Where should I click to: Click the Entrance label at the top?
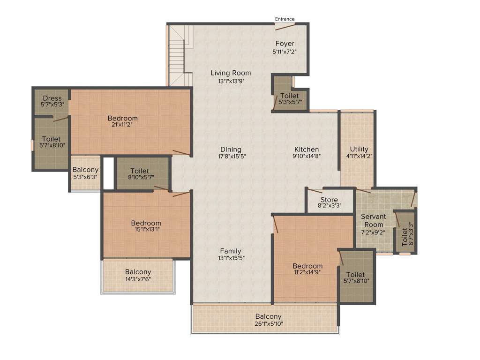[x=285, y=19]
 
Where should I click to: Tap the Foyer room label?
[x=285, y=44]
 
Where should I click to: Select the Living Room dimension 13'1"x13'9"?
[x=231, y=81]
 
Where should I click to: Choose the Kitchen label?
[x=307, y=149]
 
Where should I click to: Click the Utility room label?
[x=359, y=149]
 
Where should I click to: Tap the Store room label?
[x=329, y=200]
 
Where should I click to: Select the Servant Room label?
[x=373, y=220]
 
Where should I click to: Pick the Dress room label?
[x=52, y=98]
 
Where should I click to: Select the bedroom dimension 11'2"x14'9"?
[x=307, y=271]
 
